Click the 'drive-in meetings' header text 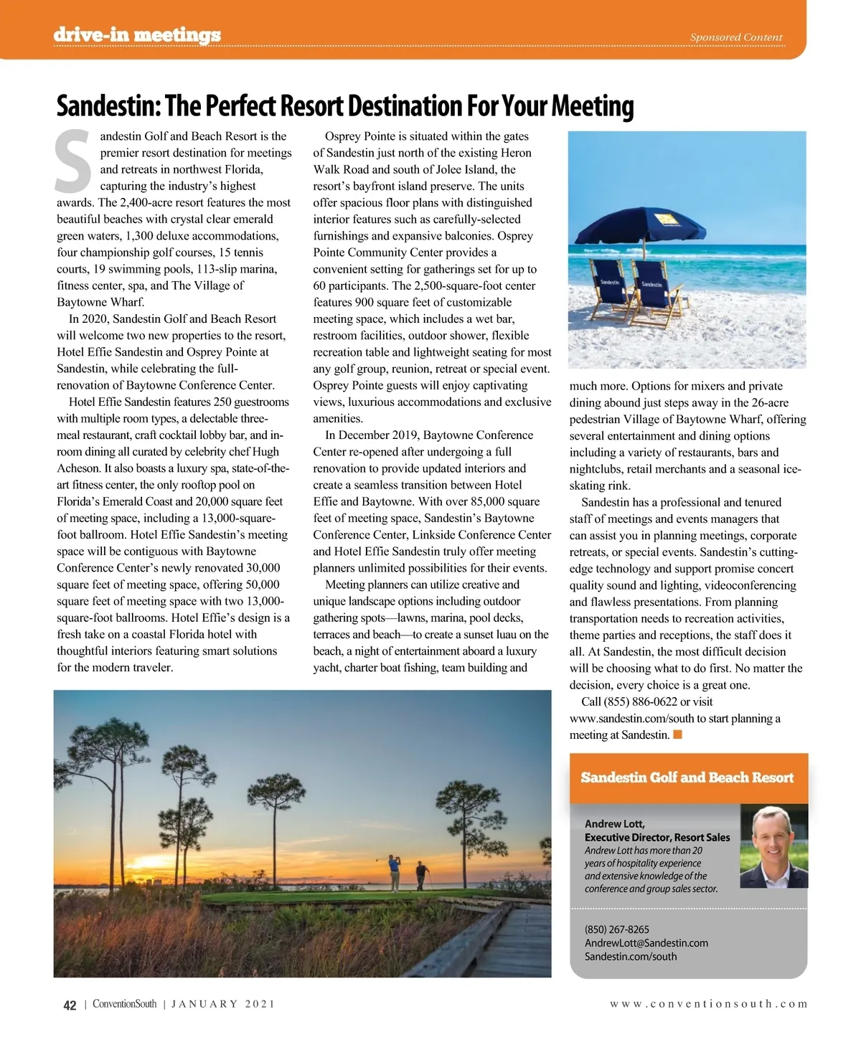point(137,35)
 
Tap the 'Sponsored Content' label point(735,37)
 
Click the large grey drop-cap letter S point(73,162)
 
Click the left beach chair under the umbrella point(610,290)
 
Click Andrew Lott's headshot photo point(773,846)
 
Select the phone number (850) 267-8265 point(616,930)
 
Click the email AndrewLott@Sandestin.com point(646,943)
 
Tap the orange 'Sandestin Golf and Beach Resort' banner point(687,777)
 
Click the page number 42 point(70,1006)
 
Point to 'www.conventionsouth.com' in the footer point(708,1004)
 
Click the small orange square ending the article point(678,734)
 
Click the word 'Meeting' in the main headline point(592,106)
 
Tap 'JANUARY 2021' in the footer point(222,1004)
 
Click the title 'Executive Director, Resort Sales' point(657,838)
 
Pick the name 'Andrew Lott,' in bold point(614,824)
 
